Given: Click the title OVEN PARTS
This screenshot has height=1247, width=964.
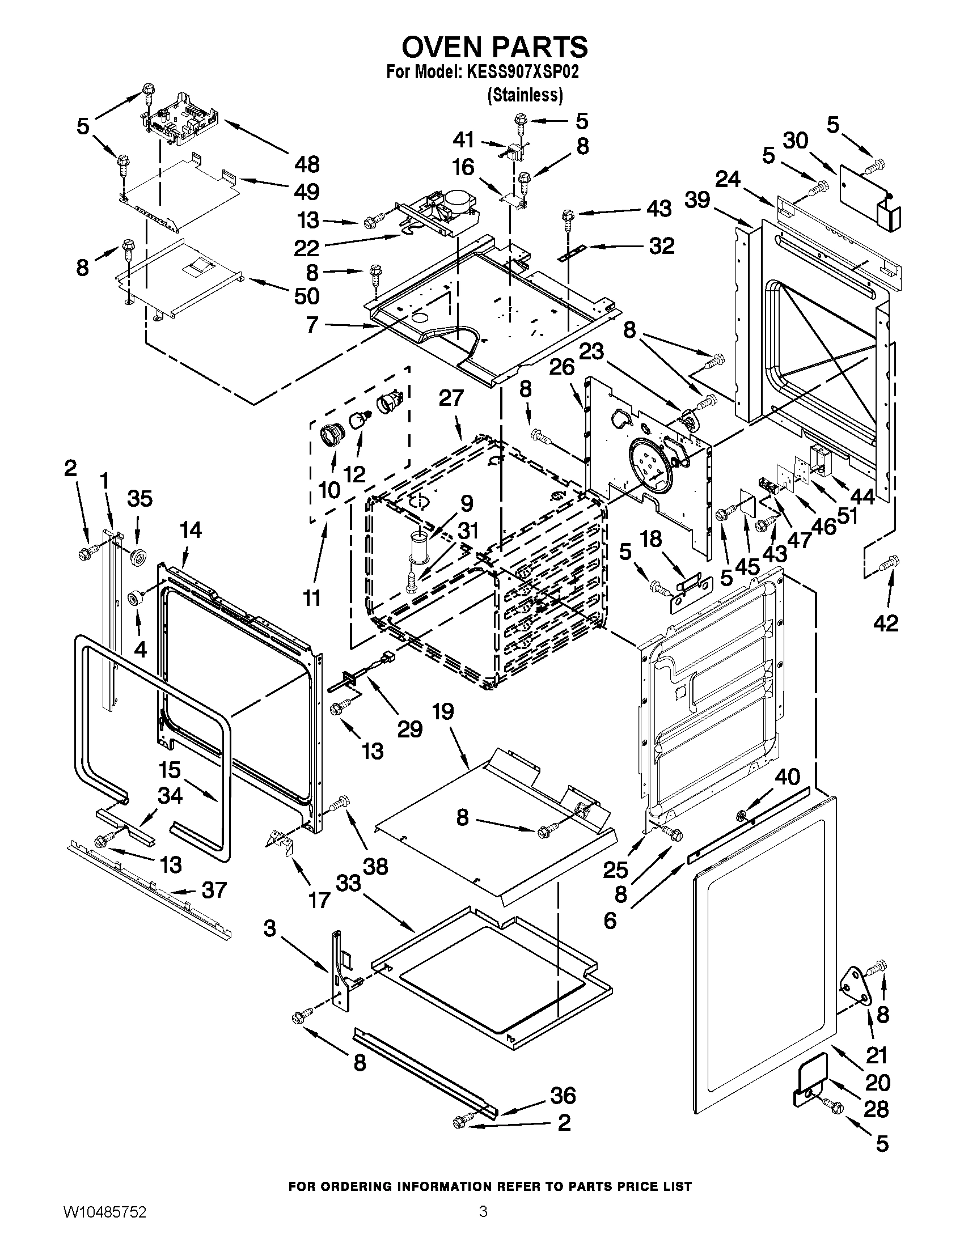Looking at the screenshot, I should [x=494, y=47].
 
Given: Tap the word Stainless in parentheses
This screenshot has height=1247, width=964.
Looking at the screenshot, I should [x=525, y=95].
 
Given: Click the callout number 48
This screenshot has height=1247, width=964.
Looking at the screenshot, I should [x=307, y=164].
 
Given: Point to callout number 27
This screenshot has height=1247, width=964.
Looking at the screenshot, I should [x=451, y=398].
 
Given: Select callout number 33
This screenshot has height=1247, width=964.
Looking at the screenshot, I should [x=348, y=883].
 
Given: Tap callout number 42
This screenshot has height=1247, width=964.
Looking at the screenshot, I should [x=886, y=623].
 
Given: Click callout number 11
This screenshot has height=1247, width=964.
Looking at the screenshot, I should [x=312, y=598].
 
